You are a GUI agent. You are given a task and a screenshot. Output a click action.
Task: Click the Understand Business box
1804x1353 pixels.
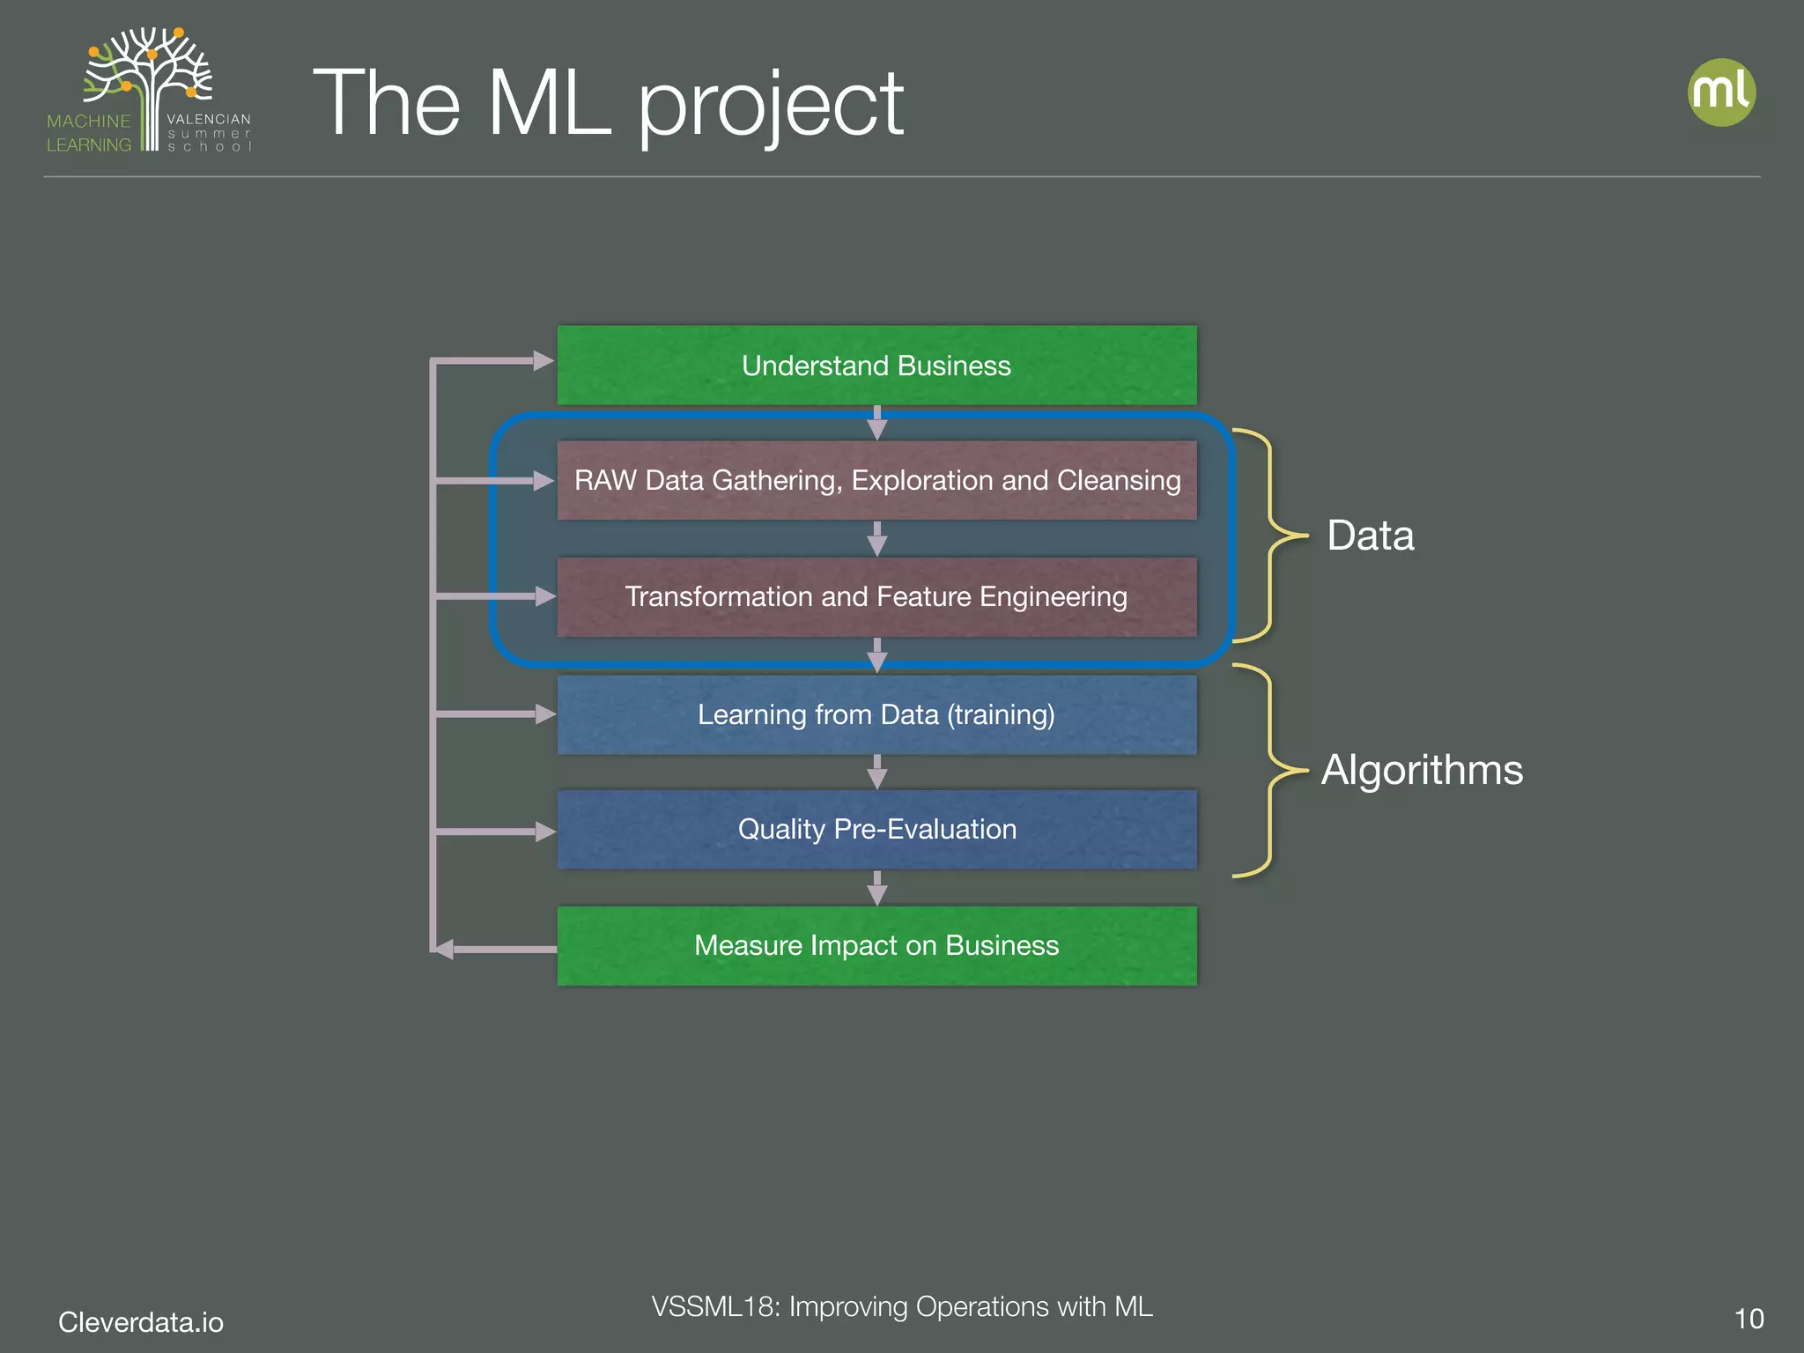click(x=876, y=366)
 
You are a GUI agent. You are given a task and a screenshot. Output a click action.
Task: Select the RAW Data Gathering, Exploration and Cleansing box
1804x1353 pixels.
click(x=876, y=481)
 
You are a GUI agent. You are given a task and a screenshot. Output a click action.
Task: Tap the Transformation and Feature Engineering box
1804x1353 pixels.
click(x=876, y=597)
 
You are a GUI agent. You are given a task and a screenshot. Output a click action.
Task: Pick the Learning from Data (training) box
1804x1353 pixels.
click(x=876, y=714)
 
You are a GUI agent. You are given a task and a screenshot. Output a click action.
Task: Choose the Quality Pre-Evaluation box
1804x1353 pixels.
click(x=876, y=830)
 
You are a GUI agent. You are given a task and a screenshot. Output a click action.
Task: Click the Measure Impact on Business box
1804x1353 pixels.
click(x=876, y=946)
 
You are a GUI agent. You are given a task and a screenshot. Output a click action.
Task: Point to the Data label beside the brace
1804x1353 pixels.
click(x=1370, y=536)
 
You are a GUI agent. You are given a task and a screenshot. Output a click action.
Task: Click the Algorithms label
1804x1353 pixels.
click(x=1422, y=770)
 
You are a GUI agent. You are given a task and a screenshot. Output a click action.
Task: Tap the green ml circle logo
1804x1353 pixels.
click(x=1721, y=92)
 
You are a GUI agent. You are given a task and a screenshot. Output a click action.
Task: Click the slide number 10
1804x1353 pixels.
click(x=1749, y=1319)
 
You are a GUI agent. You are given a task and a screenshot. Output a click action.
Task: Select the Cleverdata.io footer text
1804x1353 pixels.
click(x=141, y=1322)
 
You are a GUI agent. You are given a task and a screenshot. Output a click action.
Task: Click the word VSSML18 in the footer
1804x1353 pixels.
click(x=714, y=1306)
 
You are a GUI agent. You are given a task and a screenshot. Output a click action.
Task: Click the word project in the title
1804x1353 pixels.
click(x=771, y=106)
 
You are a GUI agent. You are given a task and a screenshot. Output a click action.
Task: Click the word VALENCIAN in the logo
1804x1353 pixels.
click(x=209, y=119)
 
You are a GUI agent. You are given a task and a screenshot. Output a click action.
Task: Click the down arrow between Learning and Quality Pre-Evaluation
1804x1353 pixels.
click(x=876, y=773)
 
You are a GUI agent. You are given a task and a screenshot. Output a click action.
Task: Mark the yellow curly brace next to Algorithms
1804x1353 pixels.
click(x=1268, y=770)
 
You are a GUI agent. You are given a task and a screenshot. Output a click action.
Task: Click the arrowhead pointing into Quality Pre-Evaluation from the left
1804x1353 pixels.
click(x=544, y=832)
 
